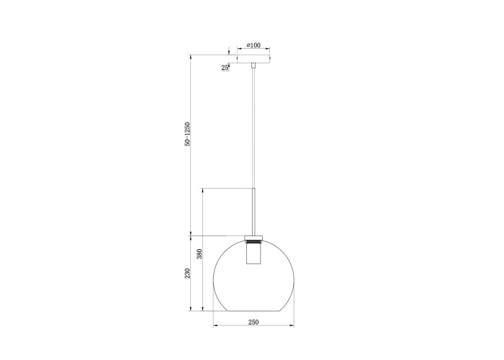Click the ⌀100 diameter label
253,45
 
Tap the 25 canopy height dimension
225,68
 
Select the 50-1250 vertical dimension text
187,135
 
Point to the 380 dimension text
199,254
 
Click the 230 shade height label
187,274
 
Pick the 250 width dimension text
253,322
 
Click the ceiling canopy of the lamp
253,59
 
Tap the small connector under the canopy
253,66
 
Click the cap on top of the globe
253,237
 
